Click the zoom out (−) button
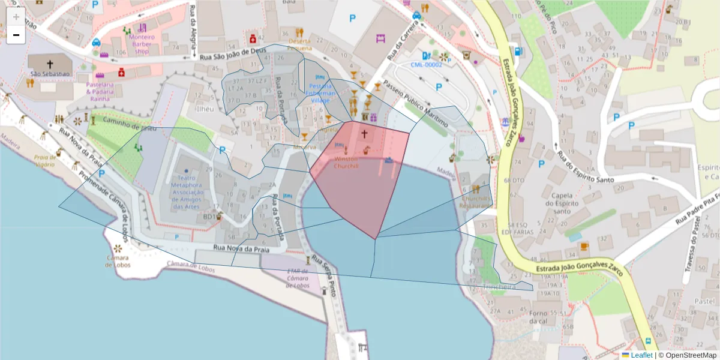(16, 35)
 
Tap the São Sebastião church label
(50, 74)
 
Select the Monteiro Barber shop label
(142, 44)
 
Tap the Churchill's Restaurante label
(477, 202)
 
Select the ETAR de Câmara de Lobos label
(298, 278)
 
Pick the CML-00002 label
(426, 64)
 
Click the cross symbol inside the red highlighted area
(364, 134)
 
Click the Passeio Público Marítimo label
(416, 104)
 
